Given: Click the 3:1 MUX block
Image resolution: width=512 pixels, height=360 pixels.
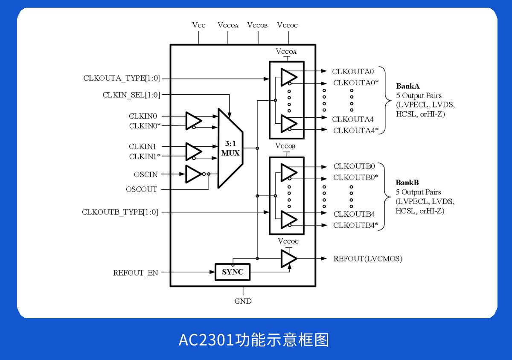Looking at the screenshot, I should [230, 148].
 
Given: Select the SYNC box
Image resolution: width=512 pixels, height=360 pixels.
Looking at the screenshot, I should [233, 272].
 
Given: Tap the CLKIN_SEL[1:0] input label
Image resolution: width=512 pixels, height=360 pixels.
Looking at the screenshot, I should [131, 95].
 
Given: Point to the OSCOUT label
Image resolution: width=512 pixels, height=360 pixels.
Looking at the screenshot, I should [142, 189].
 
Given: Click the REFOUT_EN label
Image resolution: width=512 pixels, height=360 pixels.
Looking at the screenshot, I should [135, 273].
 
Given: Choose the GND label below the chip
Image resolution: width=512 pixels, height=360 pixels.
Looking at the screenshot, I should [243, 301].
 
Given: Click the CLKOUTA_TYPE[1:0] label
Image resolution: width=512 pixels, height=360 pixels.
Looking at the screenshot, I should [122, 78].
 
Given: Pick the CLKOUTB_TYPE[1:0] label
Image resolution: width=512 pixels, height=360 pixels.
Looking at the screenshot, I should [120, 212].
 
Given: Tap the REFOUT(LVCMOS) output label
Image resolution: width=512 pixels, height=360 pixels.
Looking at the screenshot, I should [368, 258].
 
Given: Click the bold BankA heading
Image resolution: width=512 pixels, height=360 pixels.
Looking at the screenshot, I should [408, 86].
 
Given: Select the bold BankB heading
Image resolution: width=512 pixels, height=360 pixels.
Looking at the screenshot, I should [407, 183].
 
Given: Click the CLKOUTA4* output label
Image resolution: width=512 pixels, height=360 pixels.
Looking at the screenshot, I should [356, 131].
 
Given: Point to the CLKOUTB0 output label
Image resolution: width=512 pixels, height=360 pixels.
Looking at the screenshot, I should [354, 166].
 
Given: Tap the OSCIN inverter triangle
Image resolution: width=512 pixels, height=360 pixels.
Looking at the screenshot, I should [193, 174].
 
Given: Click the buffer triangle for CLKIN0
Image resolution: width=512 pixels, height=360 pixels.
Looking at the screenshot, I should [193, 121].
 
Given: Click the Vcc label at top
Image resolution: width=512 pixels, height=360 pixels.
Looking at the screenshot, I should [199, 25].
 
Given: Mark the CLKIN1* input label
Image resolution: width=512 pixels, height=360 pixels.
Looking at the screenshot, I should [145, 157].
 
